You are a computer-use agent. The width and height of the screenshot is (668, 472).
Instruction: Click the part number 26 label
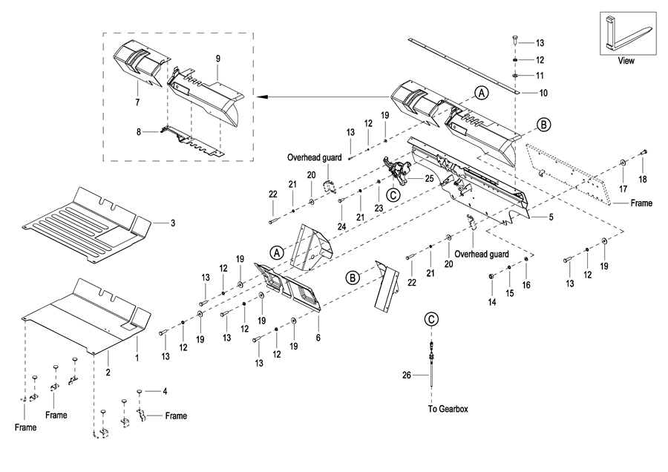(x=406, y=376)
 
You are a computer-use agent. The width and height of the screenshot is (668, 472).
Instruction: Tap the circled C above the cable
(x=431, y=319)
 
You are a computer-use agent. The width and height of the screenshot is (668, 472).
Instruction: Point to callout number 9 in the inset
(x=218, y=58)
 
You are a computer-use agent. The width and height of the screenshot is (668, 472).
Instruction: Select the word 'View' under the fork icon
(x=626, y=61)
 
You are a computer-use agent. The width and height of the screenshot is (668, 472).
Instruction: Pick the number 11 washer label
(x=540, y=76)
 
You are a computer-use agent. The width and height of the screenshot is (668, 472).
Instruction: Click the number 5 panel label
(x=551, y=217)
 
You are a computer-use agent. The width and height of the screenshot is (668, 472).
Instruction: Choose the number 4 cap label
(x=164, y=390)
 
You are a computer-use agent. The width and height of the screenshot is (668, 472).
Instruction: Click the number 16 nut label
(x=526, y=284)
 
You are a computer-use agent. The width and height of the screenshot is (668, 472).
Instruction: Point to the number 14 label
(x=491, y=303)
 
